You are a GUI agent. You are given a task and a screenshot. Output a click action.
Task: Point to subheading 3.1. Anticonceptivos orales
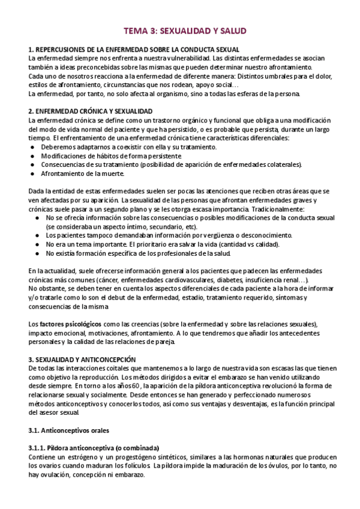(69, 430)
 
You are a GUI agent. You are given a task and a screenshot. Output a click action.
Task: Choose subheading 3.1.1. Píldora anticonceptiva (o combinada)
(94, 448)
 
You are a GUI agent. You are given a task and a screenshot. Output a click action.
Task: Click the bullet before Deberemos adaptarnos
(33, 147)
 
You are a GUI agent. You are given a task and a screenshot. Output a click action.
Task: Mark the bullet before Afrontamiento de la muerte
(33, 173)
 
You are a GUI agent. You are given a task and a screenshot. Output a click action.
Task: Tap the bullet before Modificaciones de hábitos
(33, 156)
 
